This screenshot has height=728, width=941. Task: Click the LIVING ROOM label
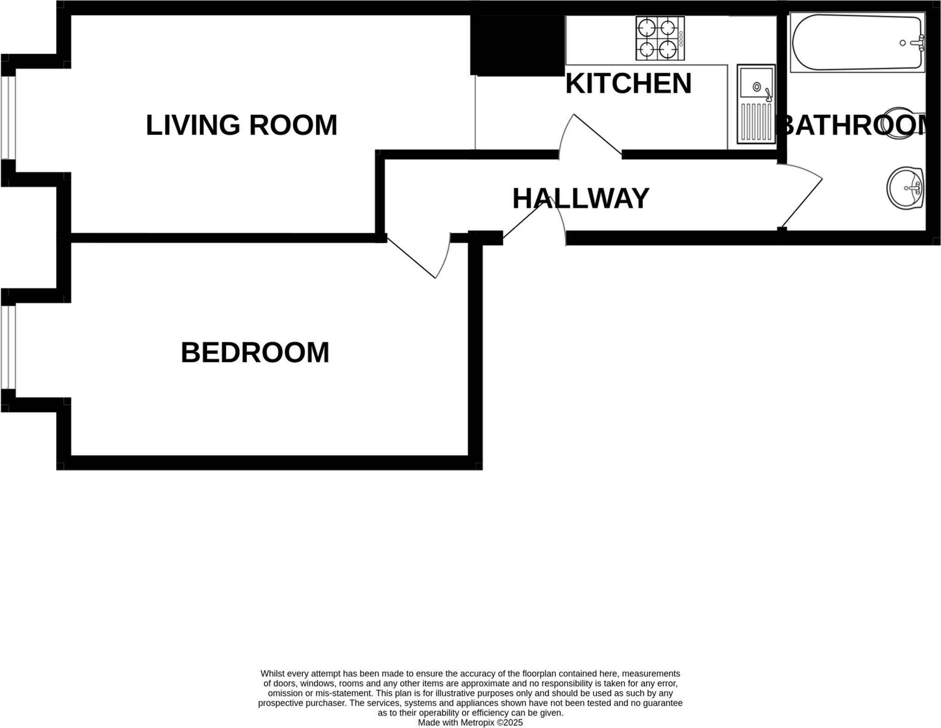point(241,125)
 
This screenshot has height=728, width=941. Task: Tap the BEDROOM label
point(255,353)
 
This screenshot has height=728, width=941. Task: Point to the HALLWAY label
point(581,199)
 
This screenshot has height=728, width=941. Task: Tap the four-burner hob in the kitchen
point(660,38)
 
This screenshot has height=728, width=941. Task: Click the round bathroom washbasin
point(905,188)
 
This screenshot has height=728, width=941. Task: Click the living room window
point(8,118)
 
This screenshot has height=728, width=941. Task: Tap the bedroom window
point(8,347)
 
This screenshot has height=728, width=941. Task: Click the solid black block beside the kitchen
point(518,45)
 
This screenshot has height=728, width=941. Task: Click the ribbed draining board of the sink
point(756,122)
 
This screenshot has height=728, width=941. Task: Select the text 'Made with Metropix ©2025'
point(470,722)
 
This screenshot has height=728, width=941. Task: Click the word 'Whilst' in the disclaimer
point(272,674)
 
